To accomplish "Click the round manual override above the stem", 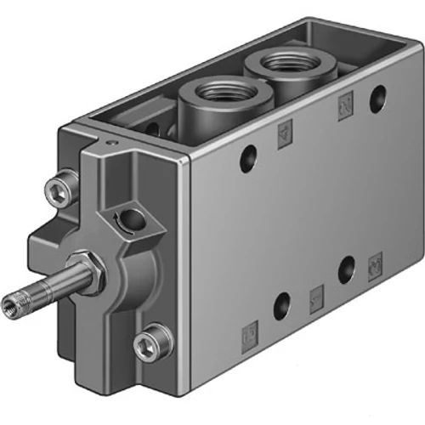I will (130, 219).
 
